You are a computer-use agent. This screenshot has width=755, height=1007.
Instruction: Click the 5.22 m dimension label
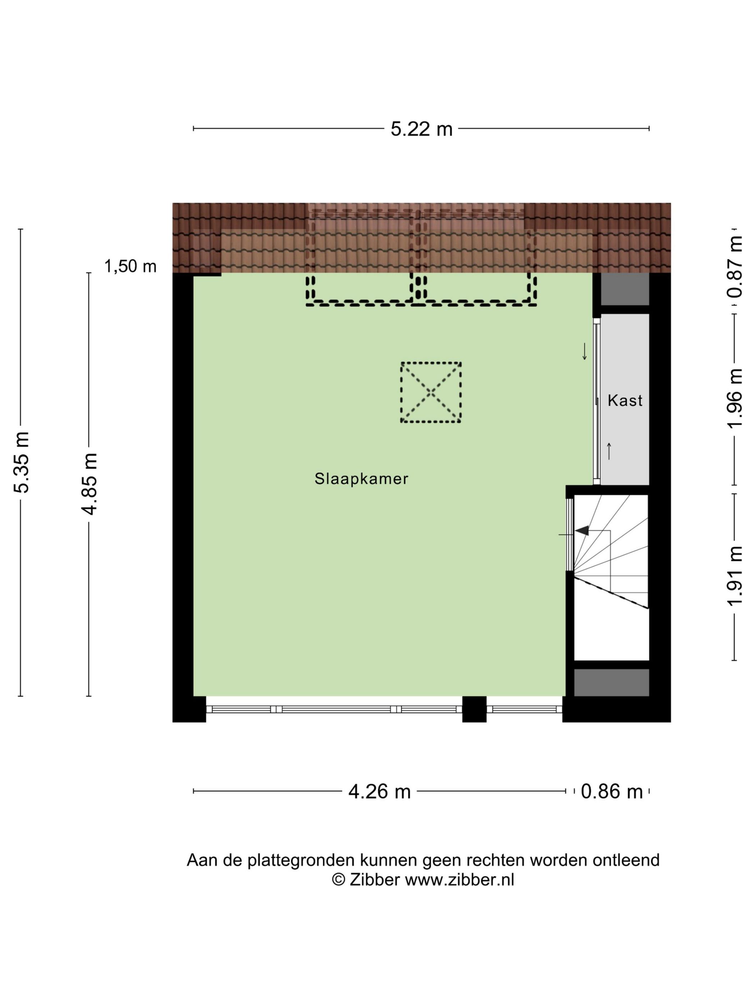coord(421,129)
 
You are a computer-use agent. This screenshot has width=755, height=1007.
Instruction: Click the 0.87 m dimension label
coord(735,266)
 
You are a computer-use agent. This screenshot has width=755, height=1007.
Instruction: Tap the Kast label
coord(625,401)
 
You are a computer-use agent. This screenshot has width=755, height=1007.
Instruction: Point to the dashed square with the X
coord(430,392)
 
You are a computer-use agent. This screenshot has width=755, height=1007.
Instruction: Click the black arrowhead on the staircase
coord(582,530)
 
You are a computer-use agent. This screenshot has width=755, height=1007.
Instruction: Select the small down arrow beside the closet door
coord(584,352)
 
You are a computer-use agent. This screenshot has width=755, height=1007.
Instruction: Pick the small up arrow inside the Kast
coord(608,450)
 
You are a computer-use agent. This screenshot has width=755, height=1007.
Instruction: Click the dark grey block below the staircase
coord(611,682)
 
